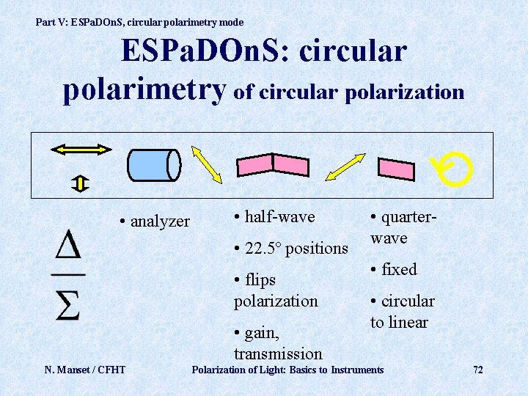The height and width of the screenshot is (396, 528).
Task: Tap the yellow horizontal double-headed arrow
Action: tap(81, 149)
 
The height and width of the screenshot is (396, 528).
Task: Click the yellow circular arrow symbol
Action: tap(450, 170)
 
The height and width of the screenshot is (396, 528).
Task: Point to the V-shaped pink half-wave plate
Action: tap(271, 165)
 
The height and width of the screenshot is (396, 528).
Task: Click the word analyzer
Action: tap(160, 221)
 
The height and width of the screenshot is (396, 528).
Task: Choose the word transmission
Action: tap(278, 354)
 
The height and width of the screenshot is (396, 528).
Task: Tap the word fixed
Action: tap(399, 269)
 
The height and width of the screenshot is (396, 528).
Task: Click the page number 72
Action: tap(477, 370)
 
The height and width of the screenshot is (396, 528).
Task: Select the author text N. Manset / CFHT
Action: tap(84, 370)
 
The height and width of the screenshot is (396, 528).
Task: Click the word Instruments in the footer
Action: tap(357, 370)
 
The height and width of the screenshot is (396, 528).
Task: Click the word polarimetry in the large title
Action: tap(144, 89)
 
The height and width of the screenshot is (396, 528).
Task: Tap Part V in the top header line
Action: tap(51, 23)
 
